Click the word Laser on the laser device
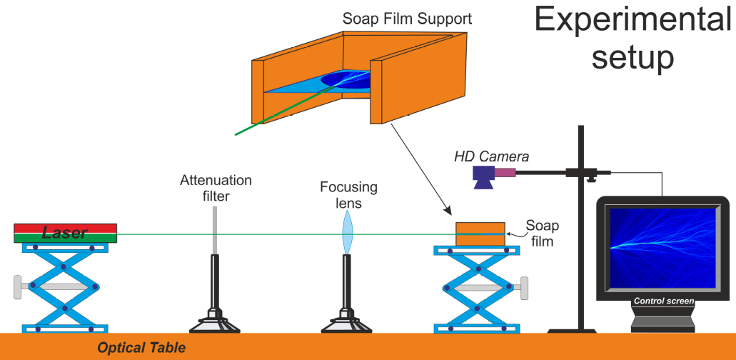pos(65,233)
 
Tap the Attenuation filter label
pos(216,188)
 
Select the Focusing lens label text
pos(348,195)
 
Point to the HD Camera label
pos(491,156)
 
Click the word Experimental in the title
pos(634,19)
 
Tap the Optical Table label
pos(141,348)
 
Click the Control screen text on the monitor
pos(664,301)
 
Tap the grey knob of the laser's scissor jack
pos(17,286)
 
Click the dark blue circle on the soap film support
pos(343,79)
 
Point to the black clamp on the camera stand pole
pos(577,172)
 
